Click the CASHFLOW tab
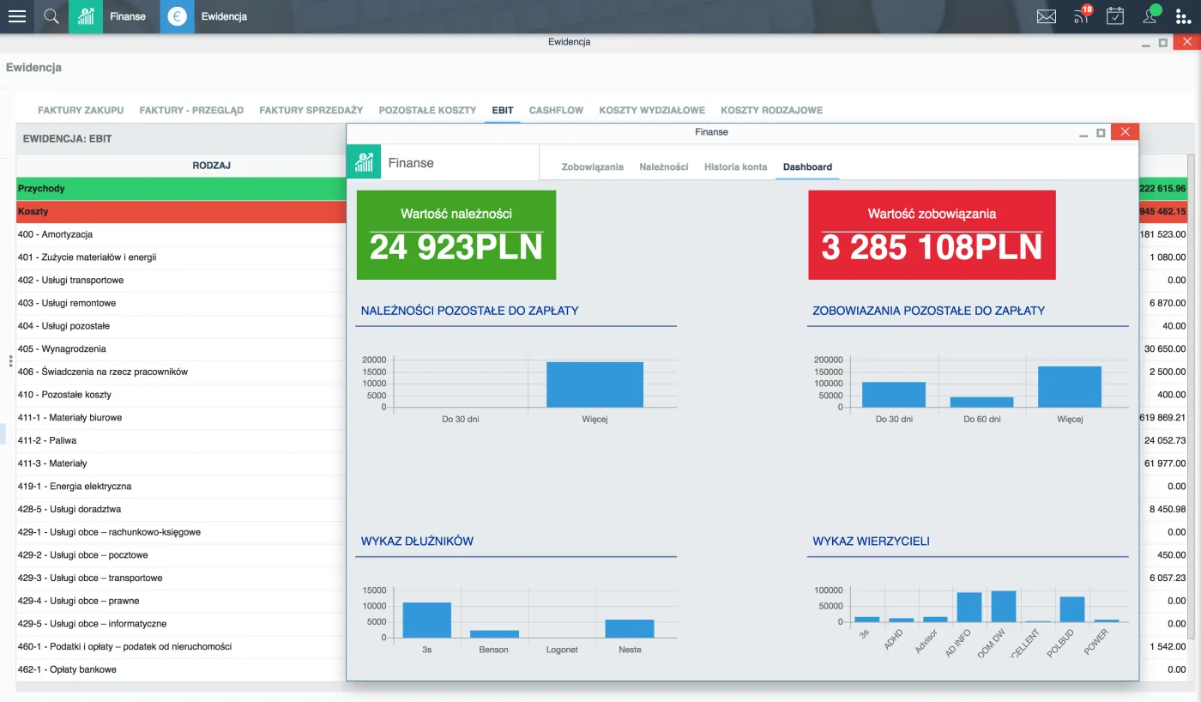pos(556,110)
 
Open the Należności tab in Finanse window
pos(663,166)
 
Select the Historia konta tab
pos(735,166)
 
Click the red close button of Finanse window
pos(1125,132)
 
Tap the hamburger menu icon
pos(17,16)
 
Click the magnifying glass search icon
pos(51,16)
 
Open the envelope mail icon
pos(1046,16)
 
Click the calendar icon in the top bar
pos(1114,16)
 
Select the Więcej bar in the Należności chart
pos(594,384)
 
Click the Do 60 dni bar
pos(981,402)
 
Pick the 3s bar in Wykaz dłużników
pos(427,620)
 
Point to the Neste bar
pos(630,628)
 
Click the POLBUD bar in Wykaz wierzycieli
pos(1072,609)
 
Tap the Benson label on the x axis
pos(493,650)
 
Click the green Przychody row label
pos(41,188)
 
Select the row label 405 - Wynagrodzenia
pos(62,348)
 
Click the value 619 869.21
pos(1162,417)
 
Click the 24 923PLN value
pos(456,247)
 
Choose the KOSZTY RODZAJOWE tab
pos(771,110)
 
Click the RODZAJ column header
pos(211,165)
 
